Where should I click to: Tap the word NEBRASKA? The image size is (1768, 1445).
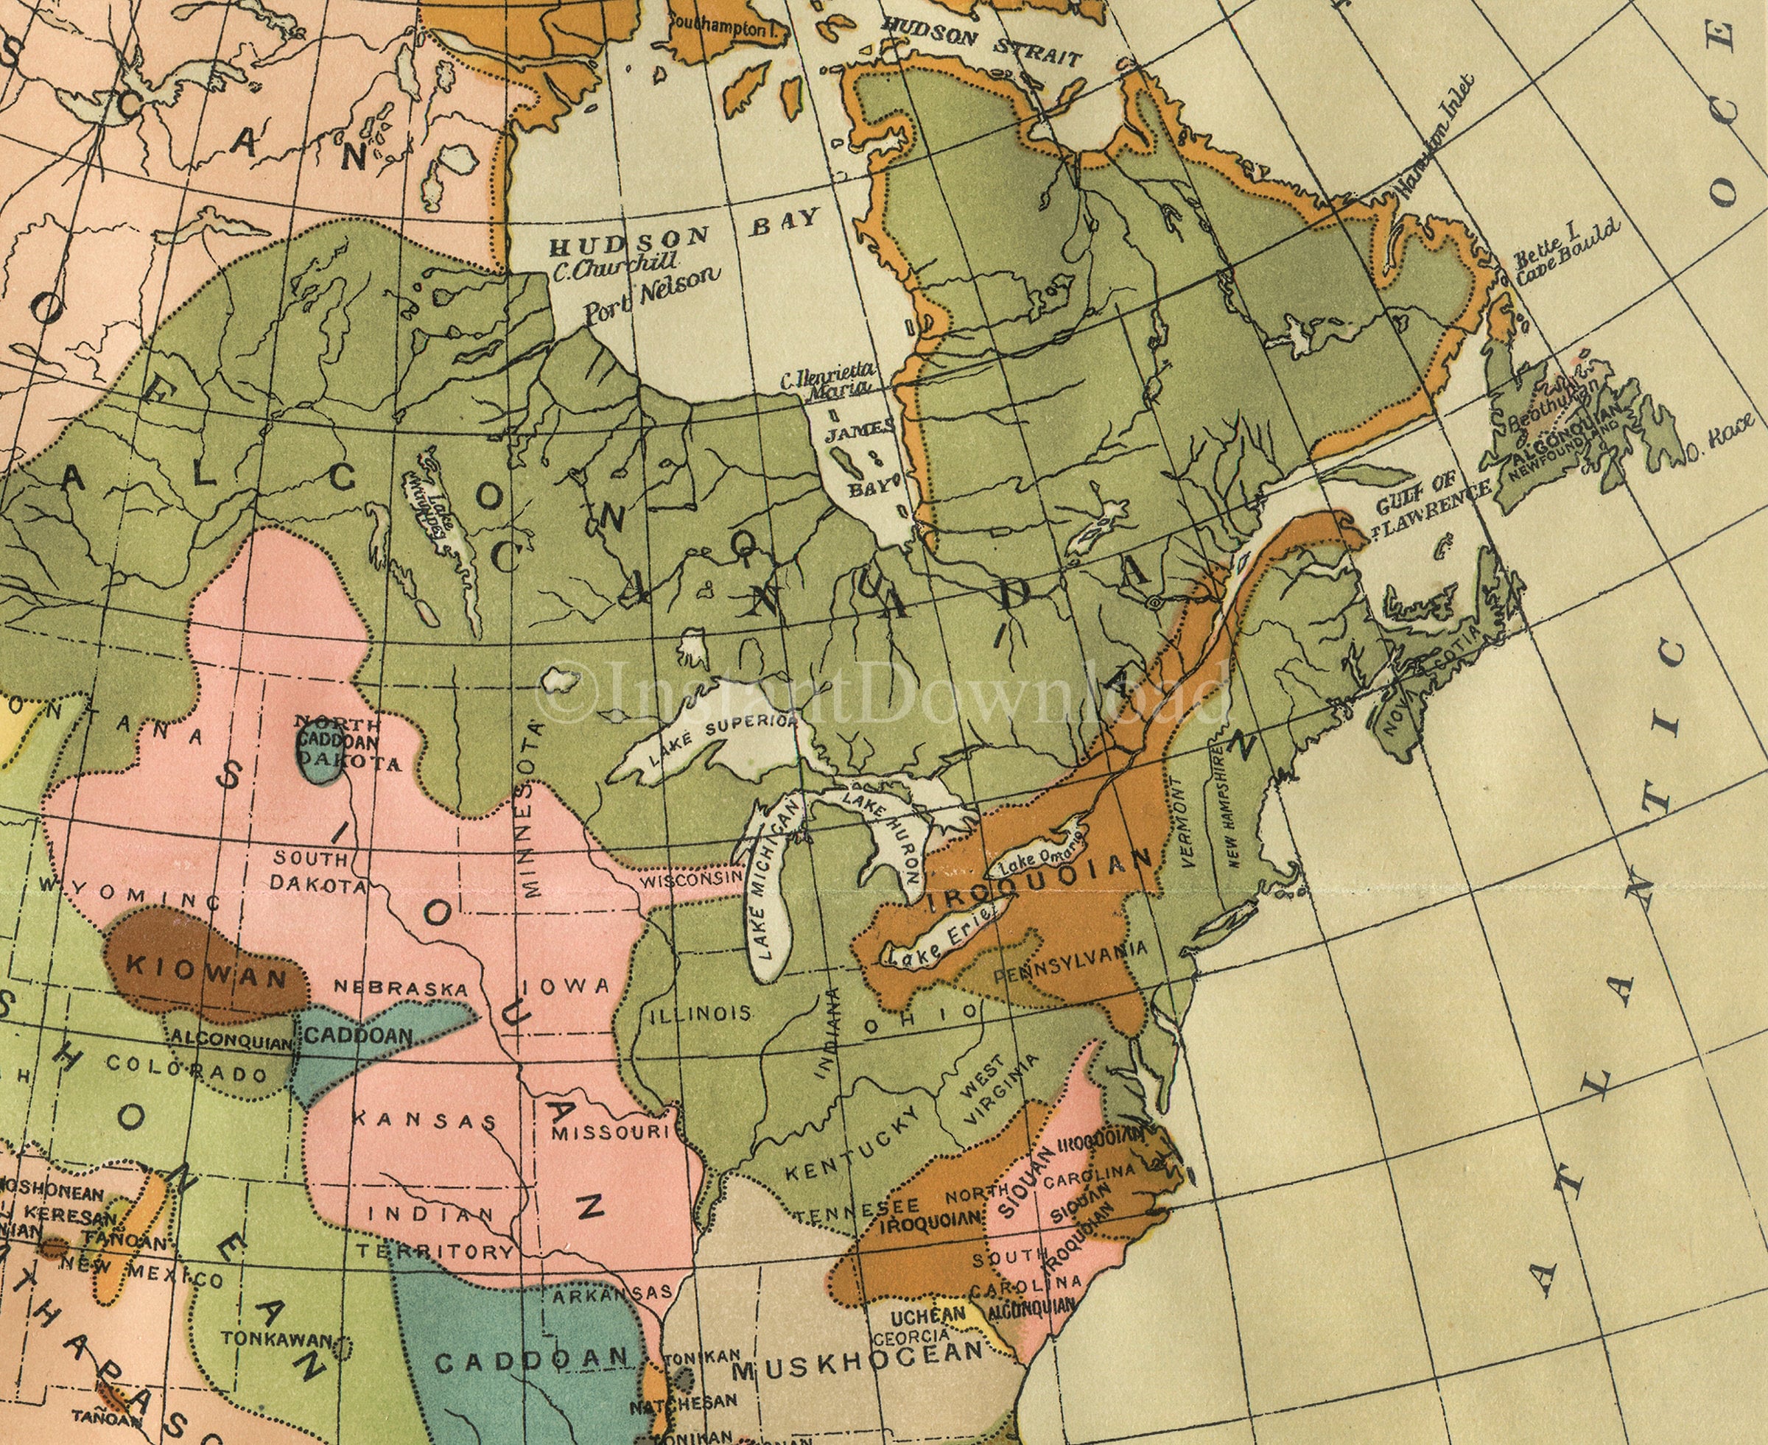tap(401, 988)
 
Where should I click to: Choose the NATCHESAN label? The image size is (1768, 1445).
tap(683, 1401)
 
